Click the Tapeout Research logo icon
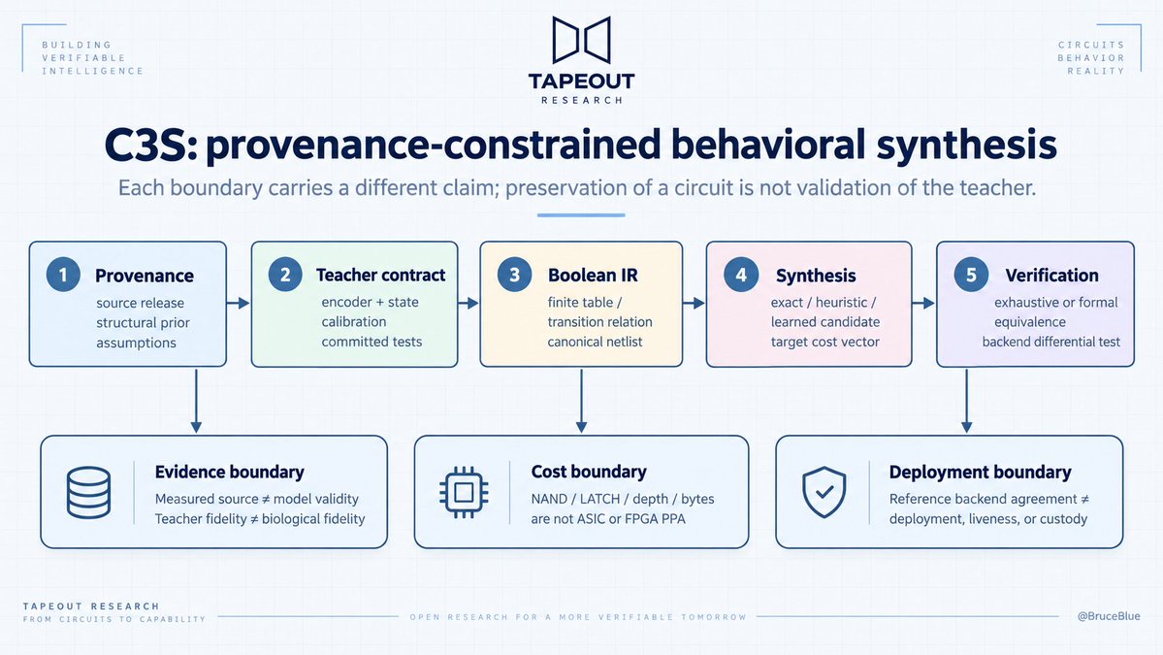[582, 40]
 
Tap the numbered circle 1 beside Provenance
[63, 275]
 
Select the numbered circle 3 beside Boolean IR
[514, 275]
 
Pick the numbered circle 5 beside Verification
[971, 275]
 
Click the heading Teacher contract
[380, 276]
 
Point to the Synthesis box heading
[816, 276]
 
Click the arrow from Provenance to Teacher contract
[238, 303]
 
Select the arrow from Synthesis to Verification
[923, 303]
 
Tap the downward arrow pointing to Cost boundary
[582, 401]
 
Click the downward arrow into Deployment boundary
[966, 401]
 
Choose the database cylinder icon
[88, 492]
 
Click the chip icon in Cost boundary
[464, 492]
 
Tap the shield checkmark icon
[824, 492]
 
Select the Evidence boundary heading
[229, 472]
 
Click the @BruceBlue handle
[1109, 615]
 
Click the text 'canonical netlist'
[595, 342]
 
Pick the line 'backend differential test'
[1051, 342]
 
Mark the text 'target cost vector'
[824, 342]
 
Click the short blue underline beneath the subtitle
[582, 215]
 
